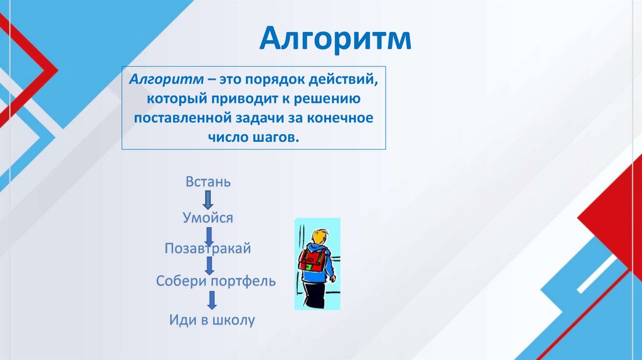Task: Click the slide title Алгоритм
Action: coord(335,38)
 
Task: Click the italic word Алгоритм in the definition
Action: coord(166,78)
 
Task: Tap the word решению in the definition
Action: coord(326,98)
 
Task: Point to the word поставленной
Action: coord(182,118)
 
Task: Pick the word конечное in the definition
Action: coord(340,118)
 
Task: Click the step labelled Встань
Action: coord(208,181)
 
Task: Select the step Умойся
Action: coord(208,218)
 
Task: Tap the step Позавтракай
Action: coord(208,248)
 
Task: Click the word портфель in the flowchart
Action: coord(243,282)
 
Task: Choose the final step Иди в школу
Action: coord(212,319)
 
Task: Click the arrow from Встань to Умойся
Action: coord(208,200)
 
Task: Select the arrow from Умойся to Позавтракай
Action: coord(209,236)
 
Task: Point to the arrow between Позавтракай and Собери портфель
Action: coord(209,266)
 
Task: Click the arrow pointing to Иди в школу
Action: coord(212,300)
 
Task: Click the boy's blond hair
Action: coord(318,236)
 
